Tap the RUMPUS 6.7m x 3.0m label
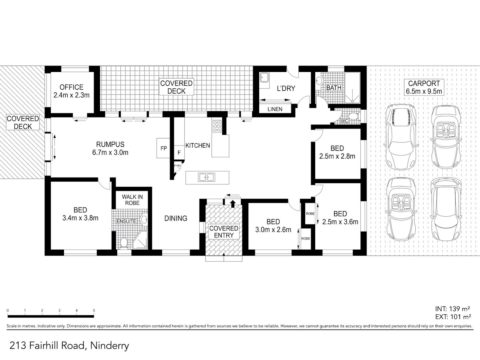[110, 148]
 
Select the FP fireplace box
[163, 148]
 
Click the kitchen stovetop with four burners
[217, 126]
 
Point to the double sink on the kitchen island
[207, 177]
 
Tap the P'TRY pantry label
[178, 166]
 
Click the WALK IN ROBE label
[132, 200]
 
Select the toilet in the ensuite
[124, 243]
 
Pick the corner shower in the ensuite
[140, 240]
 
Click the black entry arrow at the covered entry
[233, 204]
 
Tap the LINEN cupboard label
[275, 109]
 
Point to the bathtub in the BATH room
[352, 88]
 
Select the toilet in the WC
[353, 116]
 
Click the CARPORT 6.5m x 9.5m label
[424, 87]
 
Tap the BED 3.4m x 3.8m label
[80, 214]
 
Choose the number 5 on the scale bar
[94, 310]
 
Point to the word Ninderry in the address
[110, 346]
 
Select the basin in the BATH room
[319, 81]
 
